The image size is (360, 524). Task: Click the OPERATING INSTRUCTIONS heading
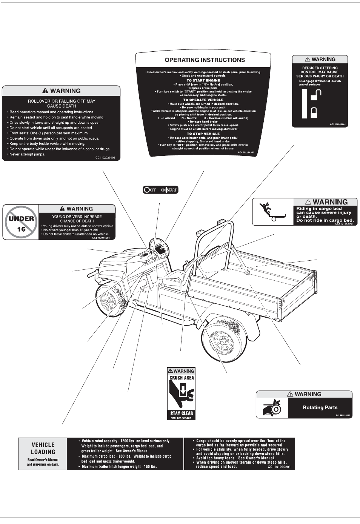tap(205, 60)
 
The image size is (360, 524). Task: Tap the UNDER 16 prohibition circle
tap(21, 223)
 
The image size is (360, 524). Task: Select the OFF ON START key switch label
tap(160, 190)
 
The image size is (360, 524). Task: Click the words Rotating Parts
tap(320, 407)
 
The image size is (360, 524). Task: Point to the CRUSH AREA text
tap(182, 378)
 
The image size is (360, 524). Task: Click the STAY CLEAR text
tap(182, 413)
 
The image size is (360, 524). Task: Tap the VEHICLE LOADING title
tap(43, 448)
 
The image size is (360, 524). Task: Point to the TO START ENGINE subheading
tap(203, 80)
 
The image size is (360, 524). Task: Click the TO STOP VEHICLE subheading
tap(203, 134)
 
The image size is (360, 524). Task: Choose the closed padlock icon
tap(314, 112)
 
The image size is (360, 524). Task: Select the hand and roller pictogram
tap(272, 407)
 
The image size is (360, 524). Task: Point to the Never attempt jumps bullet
tap(27, 154)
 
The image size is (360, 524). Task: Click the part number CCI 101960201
tap(279, 467)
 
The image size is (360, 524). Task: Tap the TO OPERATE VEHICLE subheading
tap(203, 100)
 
